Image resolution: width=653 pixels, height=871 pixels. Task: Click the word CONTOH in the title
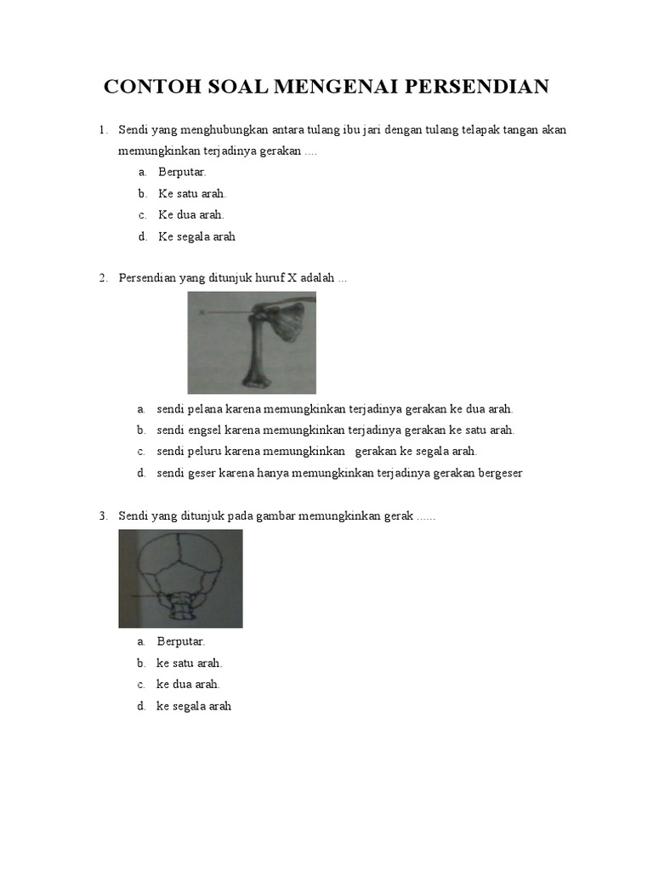coord(146,87)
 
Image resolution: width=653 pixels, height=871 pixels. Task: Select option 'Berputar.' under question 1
coord(182,173)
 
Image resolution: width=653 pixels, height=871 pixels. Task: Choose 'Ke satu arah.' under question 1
coord(192,194)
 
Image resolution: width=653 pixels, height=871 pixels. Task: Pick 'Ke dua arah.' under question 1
coord(190,215)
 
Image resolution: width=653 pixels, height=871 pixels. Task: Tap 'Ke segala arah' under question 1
coord(196,236)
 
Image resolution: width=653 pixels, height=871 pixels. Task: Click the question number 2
coord(102,278)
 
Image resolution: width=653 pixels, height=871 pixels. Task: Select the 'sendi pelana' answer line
coord(335,409)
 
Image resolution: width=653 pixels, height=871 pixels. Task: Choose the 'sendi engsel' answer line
coord(335,430)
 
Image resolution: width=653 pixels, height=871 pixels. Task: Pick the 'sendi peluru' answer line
coord(316,451)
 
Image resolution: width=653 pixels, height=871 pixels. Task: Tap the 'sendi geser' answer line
coord(339,472)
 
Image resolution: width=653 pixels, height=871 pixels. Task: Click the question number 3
coord(102,516)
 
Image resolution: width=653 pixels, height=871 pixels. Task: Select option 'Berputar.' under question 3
coord(181,642)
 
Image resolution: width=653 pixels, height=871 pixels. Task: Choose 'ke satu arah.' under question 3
coord(189,663)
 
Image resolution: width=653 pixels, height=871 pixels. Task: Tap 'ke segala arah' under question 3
coord(194,706)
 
